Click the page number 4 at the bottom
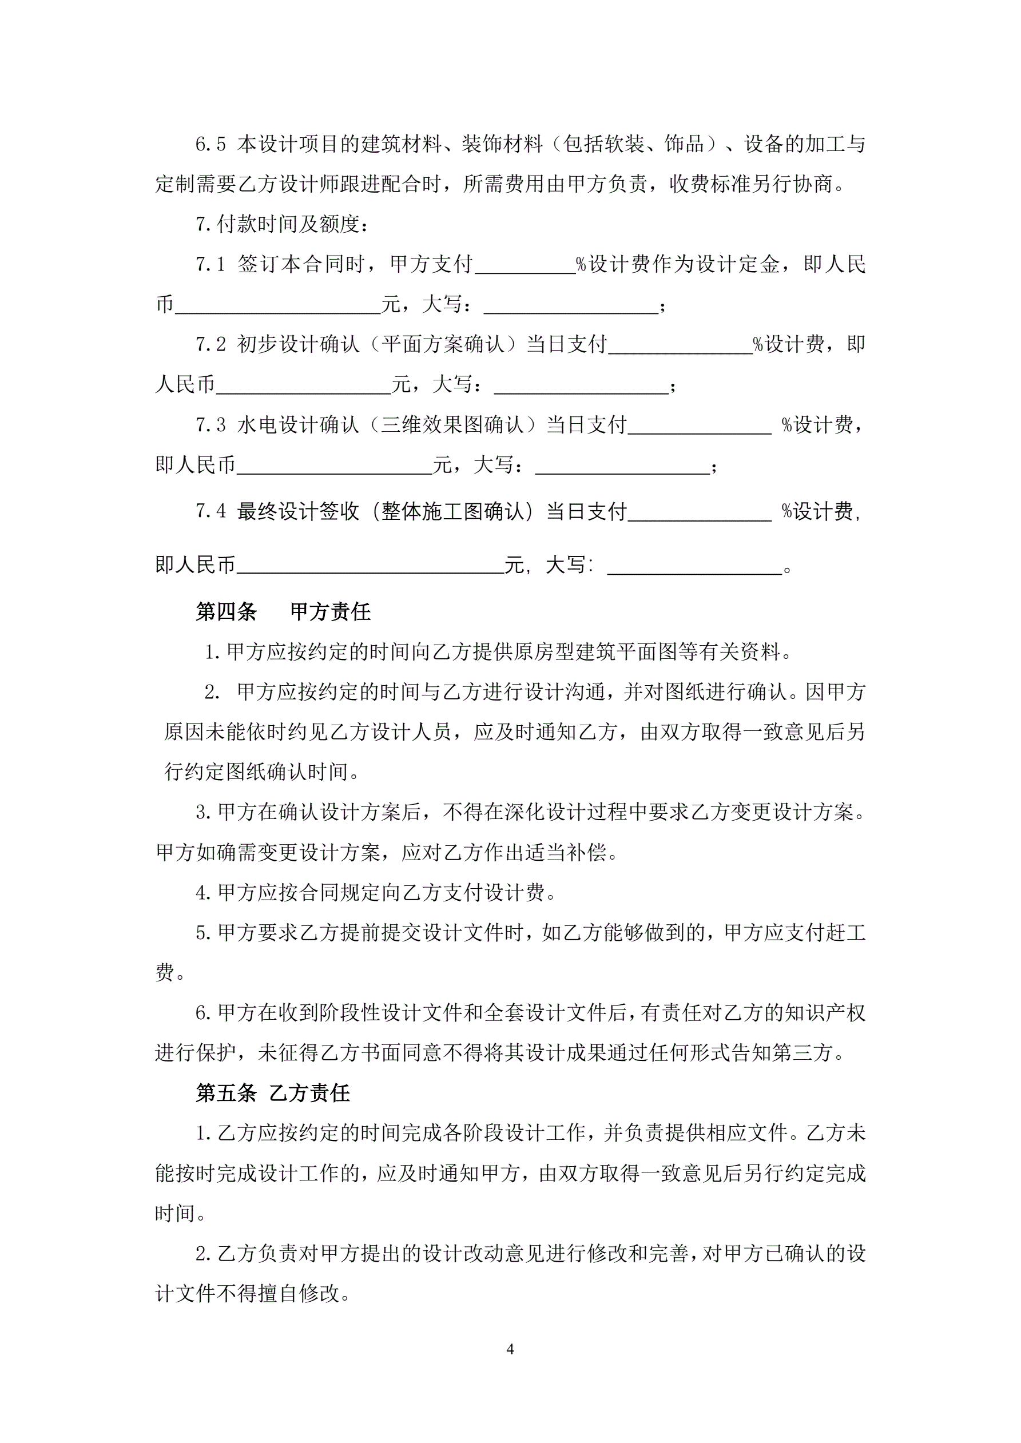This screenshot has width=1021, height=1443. (x=510, y=1349)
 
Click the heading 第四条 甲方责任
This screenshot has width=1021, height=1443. (x=283, y=611)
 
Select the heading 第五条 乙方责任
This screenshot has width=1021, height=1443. (x=272, y=1093)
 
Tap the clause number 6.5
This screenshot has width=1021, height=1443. (x=210, y=145)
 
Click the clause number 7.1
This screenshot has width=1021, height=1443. (x=210, y=265)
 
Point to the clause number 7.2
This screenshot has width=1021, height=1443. (x=210, y=344)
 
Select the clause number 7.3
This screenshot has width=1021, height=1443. (x=210, y=426)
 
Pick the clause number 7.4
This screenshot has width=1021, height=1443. (x=210, y=511)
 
